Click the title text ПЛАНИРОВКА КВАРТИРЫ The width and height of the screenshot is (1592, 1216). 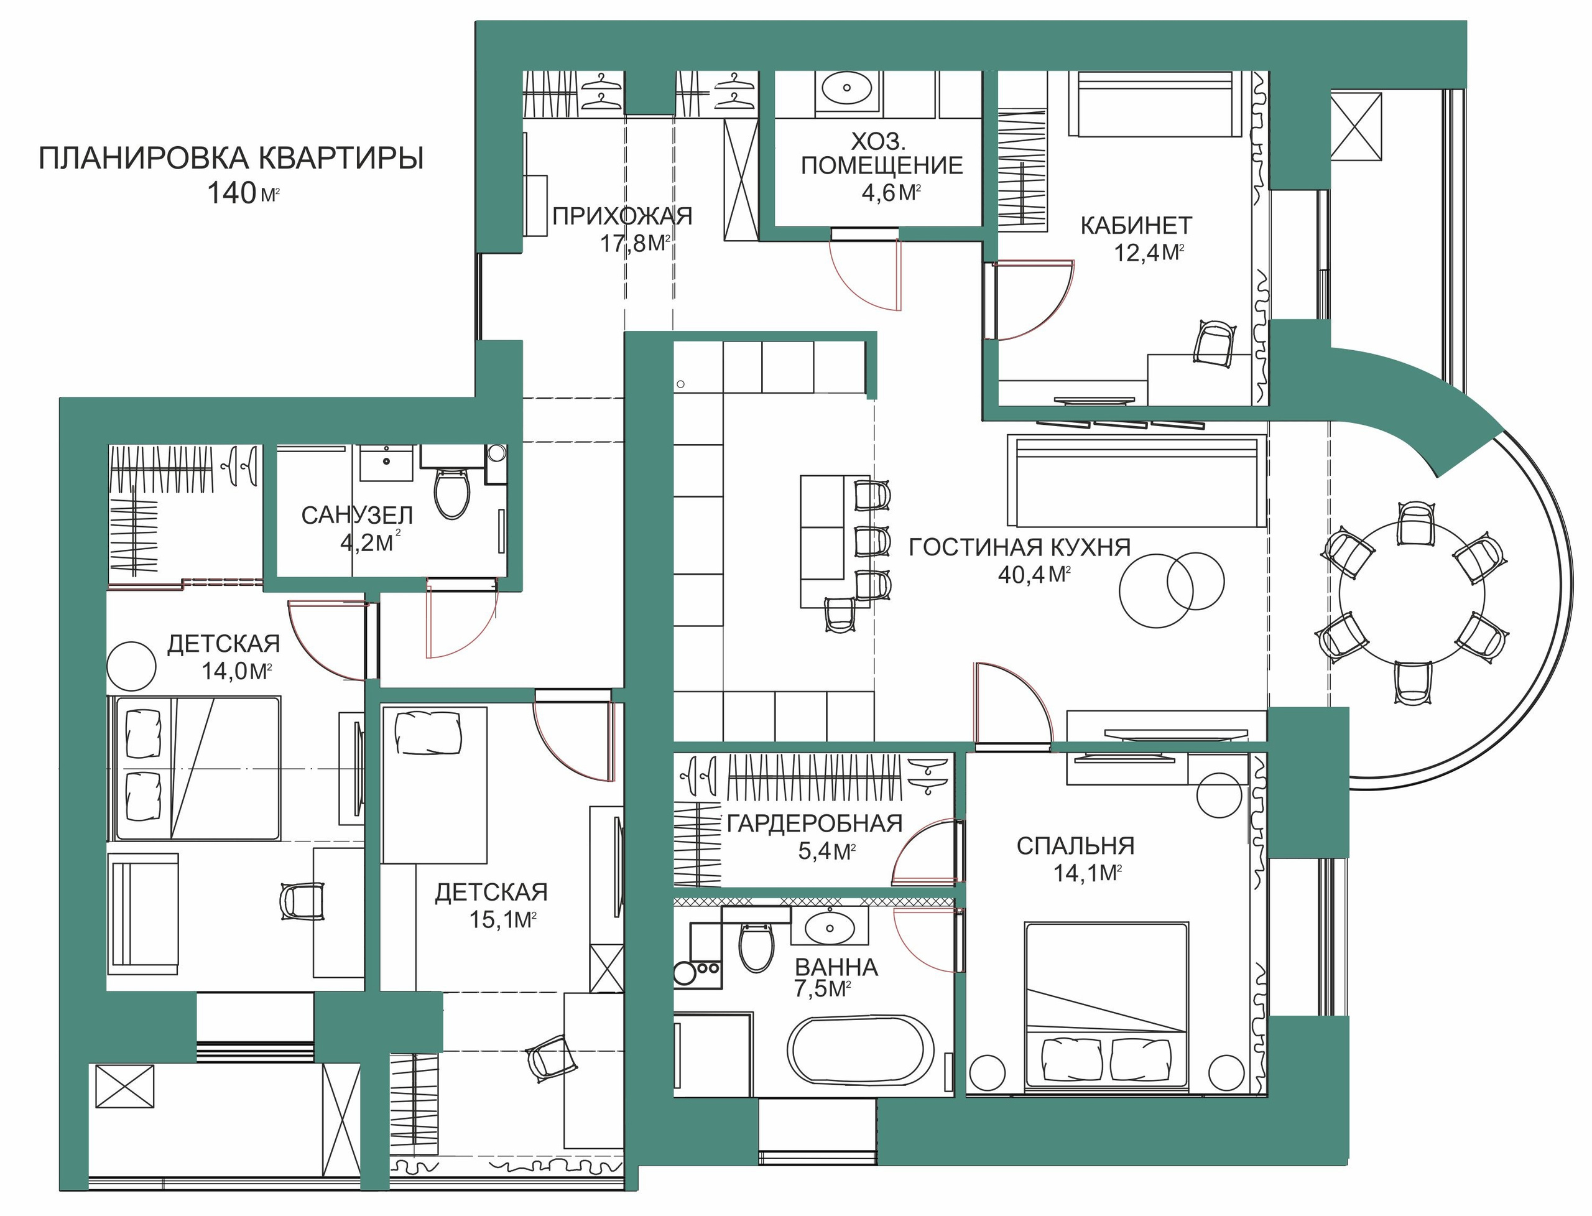click(231, 159)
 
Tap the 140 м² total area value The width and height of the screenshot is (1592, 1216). click(243, 193)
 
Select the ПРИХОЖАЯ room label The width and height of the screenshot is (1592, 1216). click(622, 216)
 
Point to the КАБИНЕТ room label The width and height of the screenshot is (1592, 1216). click(1136, 225)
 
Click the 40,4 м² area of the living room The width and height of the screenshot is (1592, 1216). click(1034, 575)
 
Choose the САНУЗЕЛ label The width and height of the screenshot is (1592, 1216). click(357, 516)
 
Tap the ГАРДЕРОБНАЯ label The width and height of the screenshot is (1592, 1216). click(815, 824)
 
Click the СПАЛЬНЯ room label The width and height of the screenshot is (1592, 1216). click(1075, 845)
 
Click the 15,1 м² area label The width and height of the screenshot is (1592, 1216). click(503, 920)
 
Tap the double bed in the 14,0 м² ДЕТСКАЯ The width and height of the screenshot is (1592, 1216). click(194, 768)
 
